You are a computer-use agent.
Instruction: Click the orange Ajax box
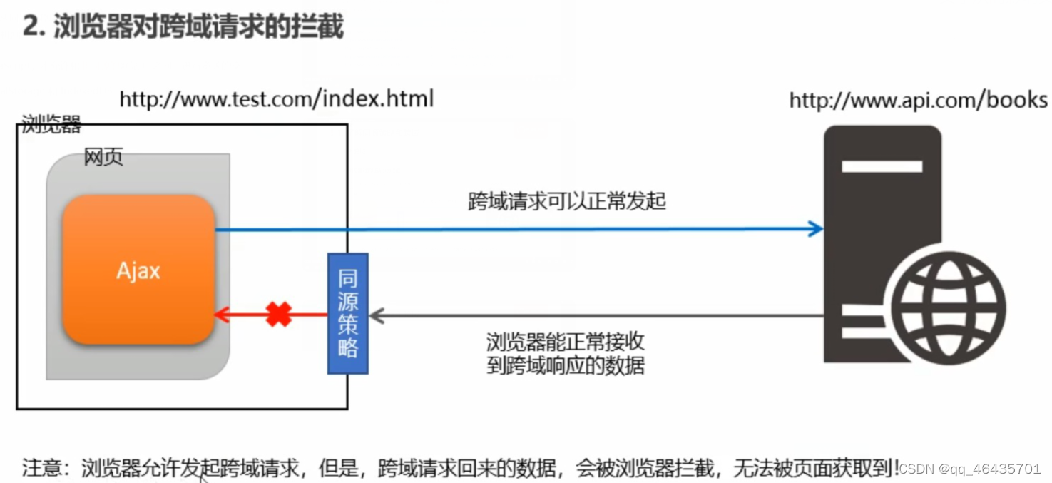(138, 270)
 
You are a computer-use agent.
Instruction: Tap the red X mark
(279, 314)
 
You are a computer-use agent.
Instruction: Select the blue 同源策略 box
(347, 313)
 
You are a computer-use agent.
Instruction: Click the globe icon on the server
(949, 309)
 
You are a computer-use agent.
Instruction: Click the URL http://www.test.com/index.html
(276, 98)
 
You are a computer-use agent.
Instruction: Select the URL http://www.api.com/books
(918, 100)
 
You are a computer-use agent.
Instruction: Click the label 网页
(103, 157)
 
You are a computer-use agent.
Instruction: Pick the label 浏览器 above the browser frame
(51, 125)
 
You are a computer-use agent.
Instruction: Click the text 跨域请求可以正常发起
(566, 201)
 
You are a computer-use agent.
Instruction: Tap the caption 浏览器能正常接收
(566, 341)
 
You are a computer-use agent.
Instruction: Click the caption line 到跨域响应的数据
(566, 365)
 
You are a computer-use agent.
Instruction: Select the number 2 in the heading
(30, 26)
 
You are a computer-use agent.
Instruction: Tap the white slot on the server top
(882, 166)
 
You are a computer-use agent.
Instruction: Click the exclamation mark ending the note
(896, 467)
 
